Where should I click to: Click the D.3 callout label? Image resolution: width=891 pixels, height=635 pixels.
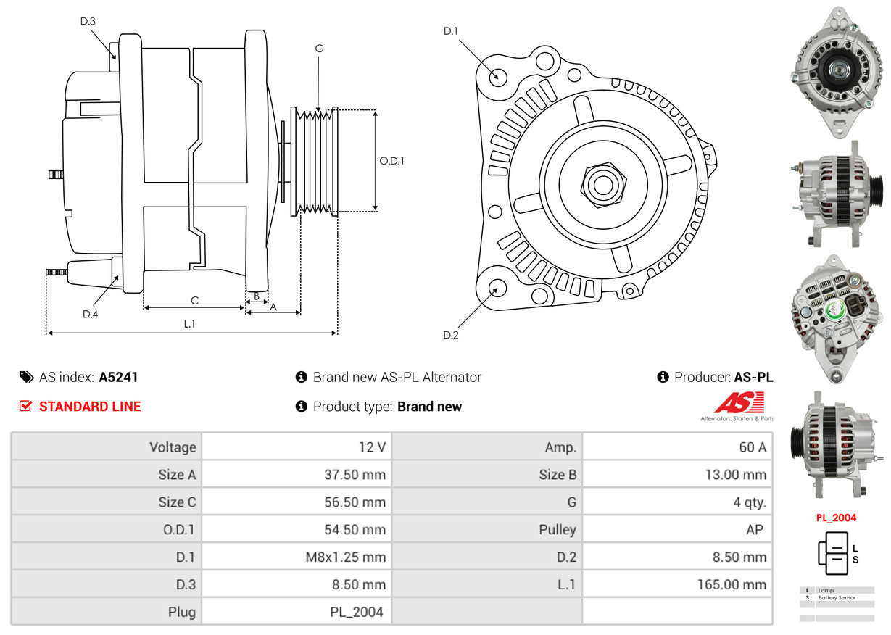pyautogui.click(x=88, y=21)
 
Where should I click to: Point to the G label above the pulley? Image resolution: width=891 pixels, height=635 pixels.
pyautogui.click(x=319, y=49)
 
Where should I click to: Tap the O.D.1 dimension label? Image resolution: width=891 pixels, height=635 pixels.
pyautogui.click(x=391, y=161)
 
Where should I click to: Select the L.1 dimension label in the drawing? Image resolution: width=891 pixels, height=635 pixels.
pyautogui.click(x=189, y=324)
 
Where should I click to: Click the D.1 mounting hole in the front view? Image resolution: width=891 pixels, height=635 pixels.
pyautogui.click(x=497, y=75)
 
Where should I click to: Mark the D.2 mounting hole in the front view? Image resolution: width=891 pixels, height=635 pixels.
pyautogui.click(x=497, y=288)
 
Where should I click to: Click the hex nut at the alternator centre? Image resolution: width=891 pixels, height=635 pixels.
pyautogui.click(x=602, y=183)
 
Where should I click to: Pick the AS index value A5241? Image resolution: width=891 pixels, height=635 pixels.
pyautogui.click(x=118, y=377)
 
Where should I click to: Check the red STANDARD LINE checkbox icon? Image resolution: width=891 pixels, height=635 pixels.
pyautogui.click(x=25, y=407)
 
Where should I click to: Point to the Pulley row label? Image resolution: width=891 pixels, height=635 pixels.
pyautogui.click(x=558, y=529)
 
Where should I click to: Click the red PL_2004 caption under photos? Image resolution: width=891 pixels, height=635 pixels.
pyautogui.click(x=836, y=518)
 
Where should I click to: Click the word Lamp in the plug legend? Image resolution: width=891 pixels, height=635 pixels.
pyautogui.click(x=826, y=591)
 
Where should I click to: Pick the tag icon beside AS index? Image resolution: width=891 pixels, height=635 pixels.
pyautogui.click(x=26, y=377)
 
